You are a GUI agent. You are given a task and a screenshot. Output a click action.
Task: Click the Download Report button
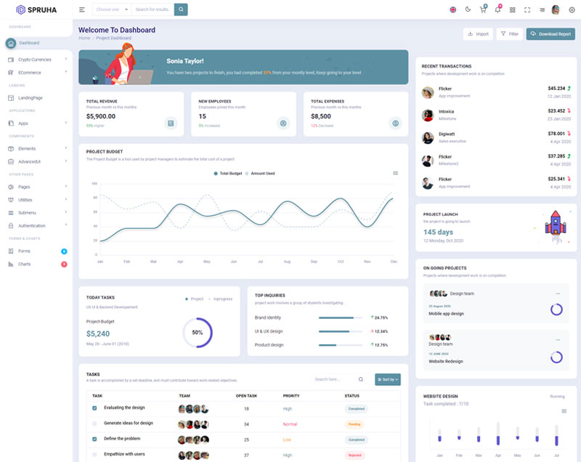550,34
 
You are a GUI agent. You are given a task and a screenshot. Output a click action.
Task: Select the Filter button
510,34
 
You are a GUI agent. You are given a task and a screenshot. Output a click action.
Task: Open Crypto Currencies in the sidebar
35,60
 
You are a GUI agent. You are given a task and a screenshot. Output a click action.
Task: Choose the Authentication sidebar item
32,226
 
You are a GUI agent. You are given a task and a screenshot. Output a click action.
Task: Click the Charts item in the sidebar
25,264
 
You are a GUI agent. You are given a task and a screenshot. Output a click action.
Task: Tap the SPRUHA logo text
41,9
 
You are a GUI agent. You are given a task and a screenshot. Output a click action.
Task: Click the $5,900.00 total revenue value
101,116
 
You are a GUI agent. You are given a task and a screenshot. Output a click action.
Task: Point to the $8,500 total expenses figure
321,116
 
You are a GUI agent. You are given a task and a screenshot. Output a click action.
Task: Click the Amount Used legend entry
262,174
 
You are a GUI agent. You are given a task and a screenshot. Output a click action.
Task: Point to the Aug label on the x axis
287,262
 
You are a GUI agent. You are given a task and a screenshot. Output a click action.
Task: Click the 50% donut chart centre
197,332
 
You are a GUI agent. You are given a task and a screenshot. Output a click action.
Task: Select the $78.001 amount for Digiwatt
556,134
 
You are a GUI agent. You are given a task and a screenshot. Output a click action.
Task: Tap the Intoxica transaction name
446,111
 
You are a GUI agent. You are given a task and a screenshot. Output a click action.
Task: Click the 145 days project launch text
438,232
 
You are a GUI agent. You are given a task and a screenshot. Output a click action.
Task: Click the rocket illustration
556,223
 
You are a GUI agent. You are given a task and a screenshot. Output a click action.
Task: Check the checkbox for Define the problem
94,439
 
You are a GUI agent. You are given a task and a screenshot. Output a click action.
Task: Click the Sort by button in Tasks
387,379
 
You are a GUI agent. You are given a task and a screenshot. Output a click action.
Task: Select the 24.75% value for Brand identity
381,317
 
